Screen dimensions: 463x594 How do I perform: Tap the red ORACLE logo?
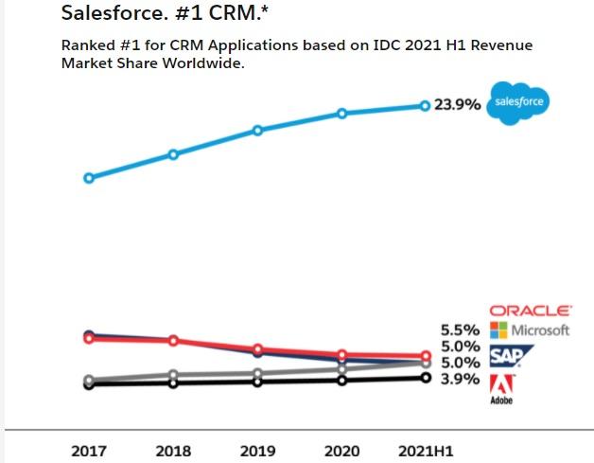tap(530, 311)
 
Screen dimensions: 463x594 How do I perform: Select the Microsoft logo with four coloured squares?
tap(530, 330)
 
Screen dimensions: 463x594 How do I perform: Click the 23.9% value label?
tap(458, 105)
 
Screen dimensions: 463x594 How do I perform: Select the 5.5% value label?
tap(462, 330)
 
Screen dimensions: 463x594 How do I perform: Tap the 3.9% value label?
tap(462, 379)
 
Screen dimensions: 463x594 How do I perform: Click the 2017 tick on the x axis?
tap(89, 451)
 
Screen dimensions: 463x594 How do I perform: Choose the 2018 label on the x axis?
tap(173, 451)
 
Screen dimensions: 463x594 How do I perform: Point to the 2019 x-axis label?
tap(257, 451)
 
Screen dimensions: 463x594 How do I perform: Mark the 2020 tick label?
tap(341, 451)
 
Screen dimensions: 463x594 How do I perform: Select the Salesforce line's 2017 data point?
tap(89, 177)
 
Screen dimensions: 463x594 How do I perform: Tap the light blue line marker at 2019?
tap(257, 130)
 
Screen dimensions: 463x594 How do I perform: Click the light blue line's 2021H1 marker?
tap(425, 105)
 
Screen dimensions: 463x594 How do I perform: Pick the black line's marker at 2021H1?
tap(425, 378)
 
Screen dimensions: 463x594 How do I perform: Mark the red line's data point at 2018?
tap(173, 341)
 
